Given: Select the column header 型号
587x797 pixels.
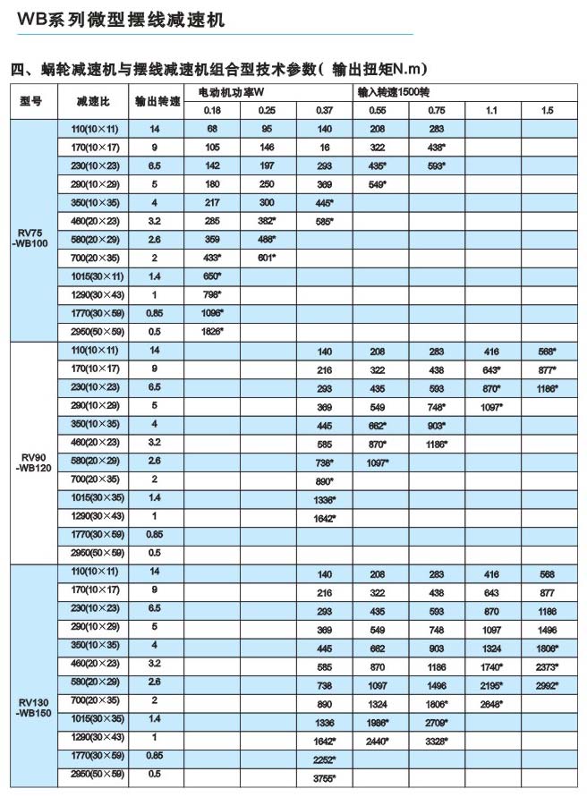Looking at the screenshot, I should pyautogui.click(x=31, y=101).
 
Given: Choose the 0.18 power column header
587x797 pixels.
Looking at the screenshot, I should pyautogui.click(x=212, y=110).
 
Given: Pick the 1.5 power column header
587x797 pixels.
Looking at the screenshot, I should pyautogui.click(x=547, y=110).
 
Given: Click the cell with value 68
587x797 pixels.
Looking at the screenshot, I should pyautogui.click(x=212, y=129).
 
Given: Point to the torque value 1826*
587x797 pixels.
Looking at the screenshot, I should pyautogui.click(x=212, y=331).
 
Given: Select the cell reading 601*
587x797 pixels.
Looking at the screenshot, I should pyautogui.click(x=267, y=258).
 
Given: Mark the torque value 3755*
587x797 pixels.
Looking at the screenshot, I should pyautogui.click(x=324, y=776).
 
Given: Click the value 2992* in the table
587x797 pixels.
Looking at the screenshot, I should pyautogui.click(x=548, y=684).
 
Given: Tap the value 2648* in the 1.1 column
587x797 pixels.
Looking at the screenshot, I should pyautogui.click(x=493, y=703).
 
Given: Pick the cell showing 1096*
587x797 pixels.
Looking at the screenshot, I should pyautogui.click(x=212, y=313).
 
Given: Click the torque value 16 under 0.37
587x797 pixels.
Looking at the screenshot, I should pyautogui.click(x=324, y=147).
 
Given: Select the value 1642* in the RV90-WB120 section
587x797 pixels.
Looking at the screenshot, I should pyautogui.click(x=324, y=517).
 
